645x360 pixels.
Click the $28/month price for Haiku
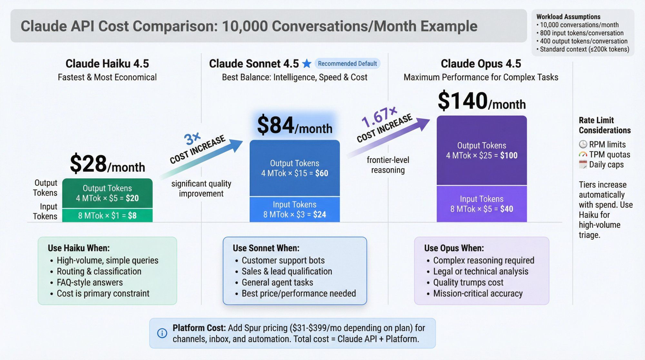[x=107, y=164]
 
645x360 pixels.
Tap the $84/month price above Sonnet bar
[x=294, y=125]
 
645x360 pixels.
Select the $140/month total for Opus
[x=481, y=101]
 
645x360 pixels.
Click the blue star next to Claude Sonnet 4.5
[x=307, y=64]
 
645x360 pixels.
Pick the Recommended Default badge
[x=347, y=64]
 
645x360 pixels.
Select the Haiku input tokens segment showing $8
[x=107, y=215]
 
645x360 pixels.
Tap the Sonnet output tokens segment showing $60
[x=294, y=168]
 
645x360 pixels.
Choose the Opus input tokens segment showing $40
[x=481, y=204]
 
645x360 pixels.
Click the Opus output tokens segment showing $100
[x=481, y=150]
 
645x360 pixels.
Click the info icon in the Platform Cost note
[x=162, y=333]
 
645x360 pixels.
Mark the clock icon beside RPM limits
[x=583, y=144]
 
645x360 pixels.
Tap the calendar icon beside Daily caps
[x=583, y=165]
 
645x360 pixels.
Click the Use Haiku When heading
[x=79, y=248]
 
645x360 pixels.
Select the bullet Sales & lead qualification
[x=287, y=271]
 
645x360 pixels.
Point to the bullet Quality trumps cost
[x=468, y=282]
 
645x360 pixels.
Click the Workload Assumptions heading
[x=568, y=17]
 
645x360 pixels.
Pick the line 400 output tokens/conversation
[x=583, y=41]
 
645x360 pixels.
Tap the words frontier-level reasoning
[x=388, y=165]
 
